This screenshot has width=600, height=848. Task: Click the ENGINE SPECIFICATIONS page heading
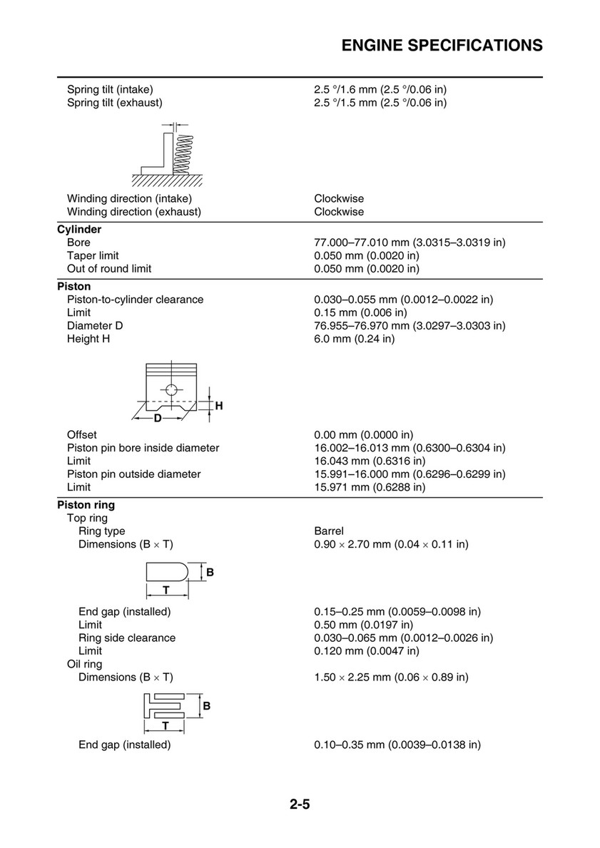pyautogui.click(x=442, y=46)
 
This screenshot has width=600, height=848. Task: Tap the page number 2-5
pyautogui.click(x=300, y=806)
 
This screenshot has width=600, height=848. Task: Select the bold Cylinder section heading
pyautogui.click(x=79, y=230)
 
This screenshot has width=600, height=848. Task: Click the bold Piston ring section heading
pyautogui.click(x=86, y=505)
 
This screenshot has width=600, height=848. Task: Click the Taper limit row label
pyautogui.click(x=93, y=255)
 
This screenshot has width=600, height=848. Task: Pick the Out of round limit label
pyautogui.click(x=109, y=269)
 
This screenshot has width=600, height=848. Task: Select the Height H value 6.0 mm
pyautogui.click(x=354, y=339)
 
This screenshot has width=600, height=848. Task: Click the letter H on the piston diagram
pyautogui.click(x=219, y=406)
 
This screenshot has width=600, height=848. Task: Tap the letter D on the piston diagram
pyautogui.click(x=158, y=418)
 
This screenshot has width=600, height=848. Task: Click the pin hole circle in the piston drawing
pyautogui.click(x=170, y=390)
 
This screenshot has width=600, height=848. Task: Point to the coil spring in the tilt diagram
pyautogui.click(x=183, y=154)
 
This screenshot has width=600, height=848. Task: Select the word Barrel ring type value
pyautogui.click(x=329, y=531)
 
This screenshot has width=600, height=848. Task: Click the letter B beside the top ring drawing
pyautogui.click(x=210, y=573)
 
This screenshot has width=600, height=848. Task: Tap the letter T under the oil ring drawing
pyautogui.click(x=165, y=726)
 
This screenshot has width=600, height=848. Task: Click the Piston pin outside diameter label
pyautogui.click(x=133, y=474)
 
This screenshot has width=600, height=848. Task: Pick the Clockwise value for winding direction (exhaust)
pyautogui.click(x=339, y=212)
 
